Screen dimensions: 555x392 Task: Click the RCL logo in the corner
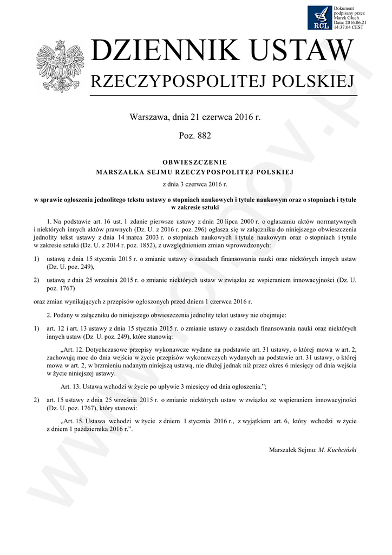pyautogui.click(x=319, y=17)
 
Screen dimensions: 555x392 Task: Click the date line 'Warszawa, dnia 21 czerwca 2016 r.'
pyautogui.click(x=195, y=117)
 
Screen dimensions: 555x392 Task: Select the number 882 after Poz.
pyautogui.click(x=204, y=135)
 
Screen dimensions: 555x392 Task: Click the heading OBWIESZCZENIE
pyautogui.click(x=195, y=162)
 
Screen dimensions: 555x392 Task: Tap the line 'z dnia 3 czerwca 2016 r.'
pyautogui.click(x=195, y=185)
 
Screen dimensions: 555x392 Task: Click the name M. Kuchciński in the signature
pyautogui.click(x=338, y=449)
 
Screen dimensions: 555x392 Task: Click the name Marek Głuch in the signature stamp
pyautogui.click(x=344, y=18)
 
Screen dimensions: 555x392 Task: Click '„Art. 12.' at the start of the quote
pyautogui.click(x=75, y=349)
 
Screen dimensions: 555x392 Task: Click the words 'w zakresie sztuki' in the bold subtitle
pyautogui.click(x=195, y=207)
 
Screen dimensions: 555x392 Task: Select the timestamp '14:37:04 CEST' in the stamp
pyautogui.click(x=349, y=27)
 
